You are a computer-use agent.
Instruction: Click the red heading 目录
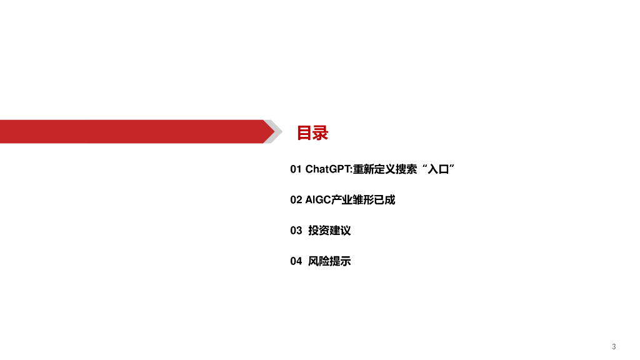(312, 133)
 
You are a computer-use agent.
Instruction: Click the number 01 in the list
(296, 169)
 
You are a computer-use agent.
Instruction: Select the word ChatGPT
(327, 169)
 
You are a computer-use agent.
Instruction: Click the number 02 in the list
(296, 200)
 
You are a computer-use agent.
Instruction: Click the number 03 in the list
(296, 231)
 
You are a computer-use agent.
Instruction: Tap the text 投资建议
(329, 231)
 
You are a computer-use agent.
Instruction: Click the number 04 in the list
(296, 261)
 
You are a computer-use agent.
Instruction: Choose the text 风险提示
(329, 261)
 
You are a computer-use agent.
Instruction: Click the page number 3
(614, 346)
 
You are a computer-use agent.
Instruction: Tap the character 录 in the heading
(320, 133)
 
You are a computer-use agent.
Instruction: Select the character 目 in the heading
(304, 133)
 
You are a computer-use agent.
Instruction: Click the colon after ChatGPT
(351, 170)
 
